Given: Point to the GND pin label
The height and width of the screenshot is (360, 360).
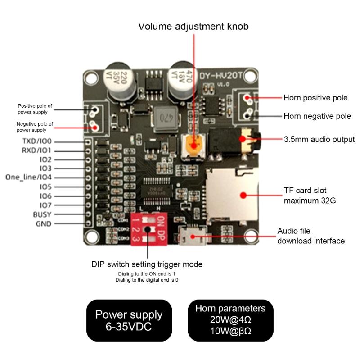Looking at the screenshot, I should (x=43, y=224).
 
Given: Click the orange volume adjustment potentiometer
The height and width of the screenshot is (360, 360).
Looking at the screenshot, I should (x=194, y=145).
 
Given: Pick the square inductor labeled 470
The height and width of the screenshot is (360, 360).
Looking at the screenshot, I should (x=166, y=119).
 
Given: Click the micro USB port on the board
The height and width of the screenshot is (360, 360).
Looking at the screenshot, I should (x=192, y=236).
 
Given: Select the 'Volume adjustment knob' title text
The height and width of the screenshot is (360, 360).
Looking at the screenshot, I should (x=193, y=27).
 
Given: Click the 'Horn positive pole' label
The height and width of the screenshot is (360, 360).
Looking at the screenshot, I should (x=315, y=97).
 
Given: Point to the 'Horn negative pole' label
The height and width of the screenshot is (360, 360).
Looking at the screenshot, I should (x=317, y=116).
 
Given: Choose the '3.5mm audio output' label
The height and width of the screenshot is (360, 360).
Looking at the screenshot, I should (x=319, y=140).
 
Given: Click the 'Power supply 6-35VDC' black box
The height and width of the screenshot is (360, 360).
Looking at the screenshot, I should (x=129, y=320).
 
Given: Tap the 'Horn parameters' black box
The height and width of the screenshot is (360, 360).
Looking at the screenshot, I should (x=230, y=320).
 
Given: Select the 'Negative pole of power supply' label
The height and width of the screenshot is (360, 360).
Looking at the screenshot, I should (x=35, y=127).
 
